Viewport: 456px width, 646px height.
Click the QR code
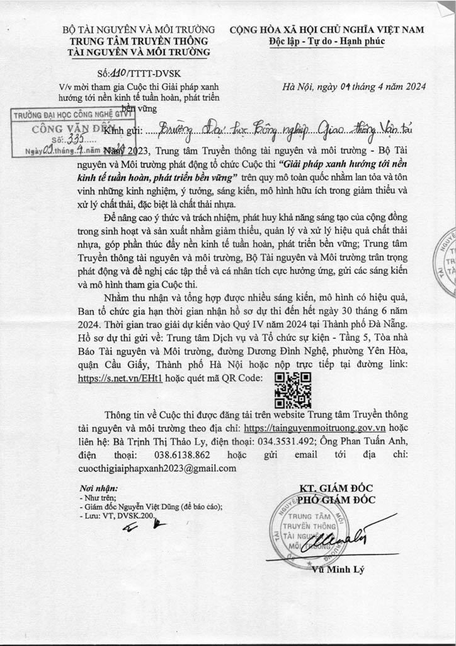pyautogui.click(x=293, y=390)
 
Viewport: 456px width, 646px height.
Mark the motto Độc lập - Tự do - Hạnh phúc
pyautogui.click(x=326, y=41)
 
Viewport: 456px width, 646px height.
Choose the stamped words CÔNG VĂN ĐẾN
pyautogui.click(x=67, y=128)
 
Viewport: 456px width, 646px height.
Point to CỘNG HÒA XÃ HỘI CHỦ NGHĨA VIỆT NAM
pyautogui.click(x=326, y=30)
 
